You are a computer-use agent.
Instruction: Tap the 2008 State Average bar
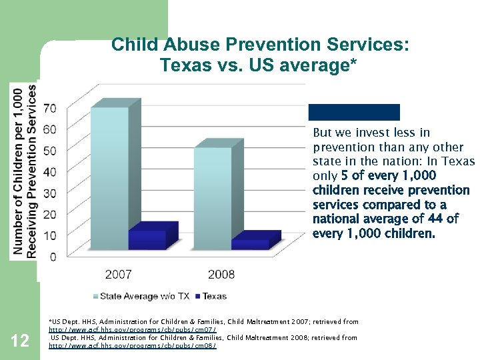click(x=212, y=197)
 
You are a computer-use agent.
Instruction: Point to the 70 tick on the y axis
click(x=49, y=108)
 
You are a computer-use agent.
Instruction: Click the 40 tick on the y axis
click(x=49, y=171)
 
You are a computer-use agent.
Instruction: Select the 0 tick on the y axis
click(x=52, y=257)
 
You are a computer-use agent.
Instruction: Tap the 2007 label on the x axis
click(x=118, y=274)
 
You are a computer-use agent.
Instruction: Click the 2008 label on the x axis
click(x=221, y=274)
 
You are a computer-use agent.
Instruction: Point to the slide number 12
click(x=21, y=341)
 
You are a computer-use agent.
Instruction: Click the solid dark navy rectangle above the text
click(x=353, y=112)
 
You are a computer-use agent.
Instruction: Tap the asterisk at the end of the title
click(x=355, y=65)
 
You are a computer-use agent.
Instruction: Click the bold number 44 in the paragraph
click(x=436, y=219)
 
